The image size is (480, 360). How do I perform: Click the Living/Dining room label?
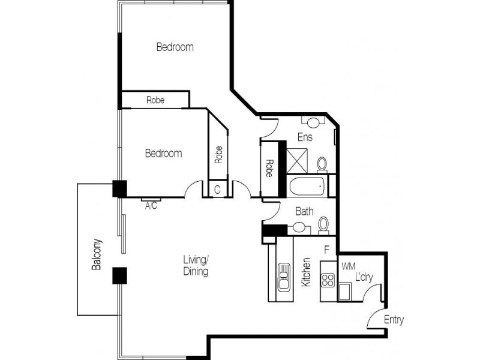tap(196, 265)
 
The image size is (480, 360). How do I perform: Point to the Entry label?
tap(394, 320)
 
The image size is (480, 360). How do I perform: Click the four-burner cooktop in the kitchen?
tap(328, 279)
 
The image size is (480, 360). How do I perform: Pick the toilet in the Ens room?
tap(322, 164)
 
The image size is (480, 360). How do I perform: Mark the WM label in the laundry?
tap(347, 265)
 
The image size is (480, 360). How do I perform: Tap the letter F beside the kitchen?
tap(327, 249)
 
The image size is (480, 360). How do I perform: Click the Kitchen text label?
tap(306, 272)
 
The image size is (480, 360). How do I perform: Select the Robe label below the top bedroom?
tap(155, 100)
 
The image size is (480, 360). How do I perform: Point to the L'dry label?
tap(365, 278)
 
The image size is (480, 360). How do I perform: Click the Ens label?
tap(305, 137)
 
